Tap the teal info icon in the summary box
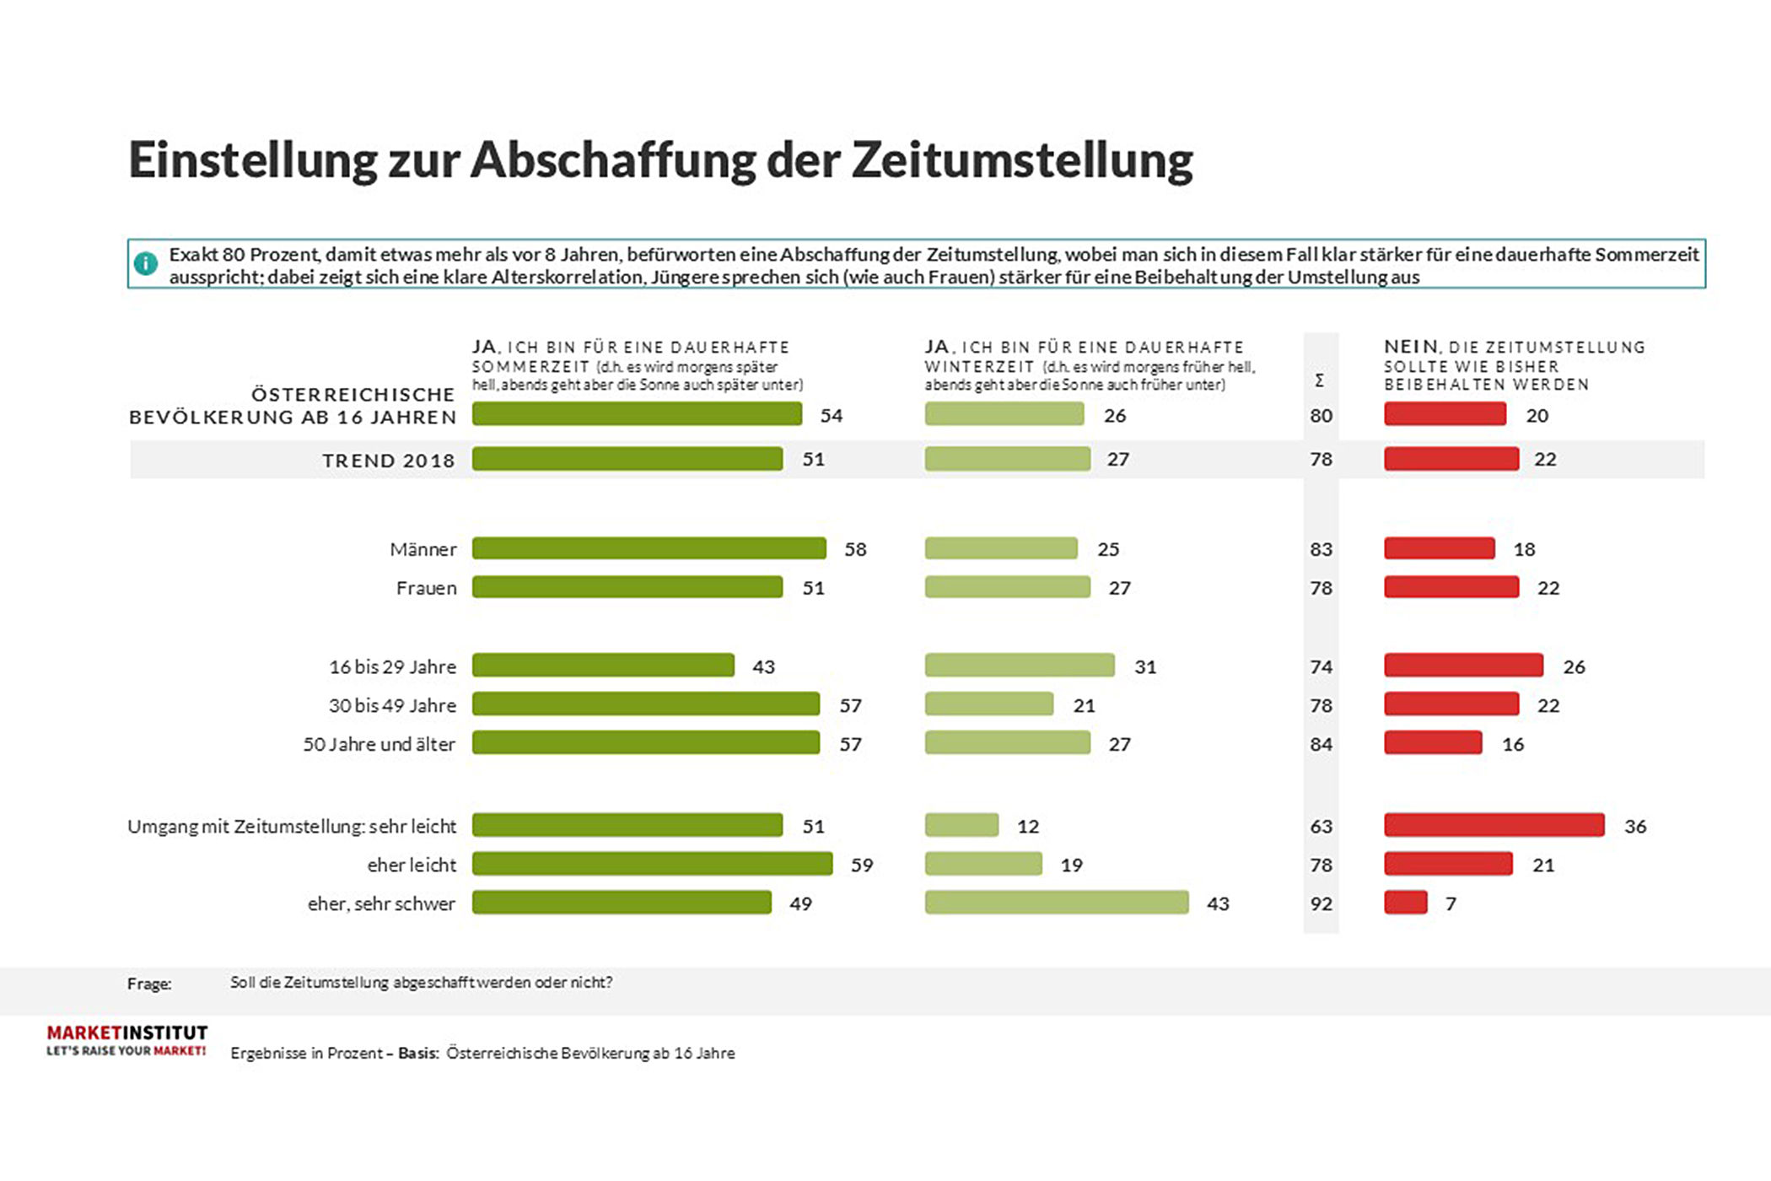(146, 264)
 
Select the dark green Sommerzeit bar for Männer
(649, 549)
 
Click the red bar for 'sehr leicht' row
(1494, 826)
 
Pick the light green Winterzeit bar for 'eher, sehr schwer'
(1056, 903)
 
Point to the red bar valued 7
(1405, 903)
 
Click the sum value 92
(1321, 904)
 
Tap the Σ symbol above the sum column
(1319, 381)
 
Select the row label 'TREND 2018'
(388, 461)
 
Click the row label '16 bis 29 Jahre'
(392, 667)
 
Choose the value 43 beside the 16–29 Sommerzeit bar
(763, 667)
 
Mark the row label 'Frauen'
(426, 588)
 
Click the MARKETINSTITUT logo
(126, 1040)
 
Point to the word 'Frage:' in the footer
(149, 984)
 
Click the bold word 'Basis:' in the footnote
(418, 1054)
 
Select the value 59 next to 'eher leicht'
(861, 866)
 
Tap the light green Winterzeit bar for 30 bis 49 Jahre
(988, 704)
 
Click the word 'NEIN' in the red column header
(1410, 347)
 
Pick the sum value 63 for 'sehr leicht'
(1321, 827)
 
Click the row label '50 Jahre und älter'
(379, 745)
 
